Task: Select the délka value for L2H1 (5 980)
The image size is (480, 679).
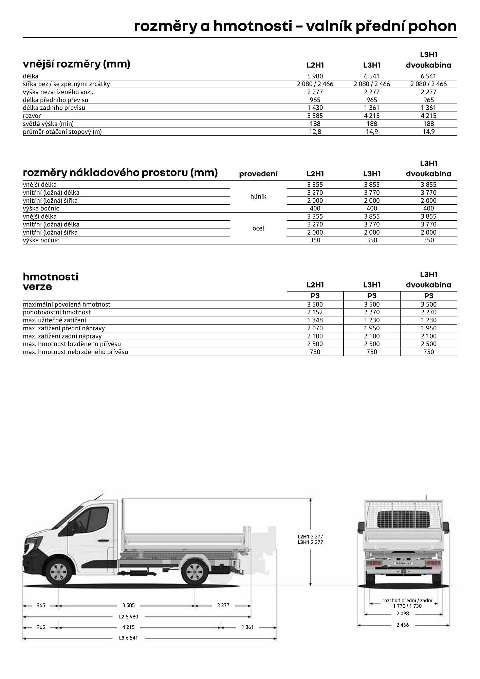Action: [x=315, y=76]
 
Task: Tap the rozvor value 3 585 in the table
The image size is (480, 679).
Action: [x=315, y=116]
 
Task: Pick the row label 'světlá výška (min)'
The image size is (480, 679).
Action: [x=48, y=124]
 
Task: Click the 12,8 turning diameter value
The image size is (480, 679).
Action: [x=315, y=132]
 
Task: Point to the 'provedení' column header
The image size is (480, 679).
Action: [x=258, y=174]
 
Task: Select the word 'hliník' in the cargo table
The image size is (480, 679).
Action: [x=258, y=197]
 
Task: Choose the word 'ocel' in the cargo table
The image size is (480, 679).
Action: [x=258, y=228]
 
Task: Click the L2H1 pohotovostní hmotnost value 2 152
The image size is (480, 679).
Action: [x=315, y=312]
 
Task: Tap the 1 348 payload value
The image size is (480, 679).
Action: [x=315, y=320]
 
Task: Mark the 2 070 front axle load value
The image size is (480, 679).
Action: [x=315, y=328]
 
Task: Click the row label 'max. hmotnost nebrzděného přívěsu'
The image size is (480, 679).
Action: [x=75, y=352]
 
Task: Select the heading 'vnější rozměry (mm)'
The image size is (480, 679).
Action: [x=76, y=64]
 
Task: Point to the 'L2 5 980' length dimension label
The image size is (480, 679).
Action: [x=128, y=617]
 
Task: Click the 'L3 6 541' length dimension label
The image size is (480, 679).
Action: [x=128, y=638]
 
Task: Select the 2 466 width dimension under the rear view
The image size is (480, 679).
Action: [x=403, y=625]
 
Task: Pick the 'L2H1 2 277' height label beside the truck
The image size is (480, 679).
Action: [x=310, y=537]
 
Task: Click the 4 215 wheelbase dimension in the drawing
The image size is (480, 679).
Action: [x=128, y=627]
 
